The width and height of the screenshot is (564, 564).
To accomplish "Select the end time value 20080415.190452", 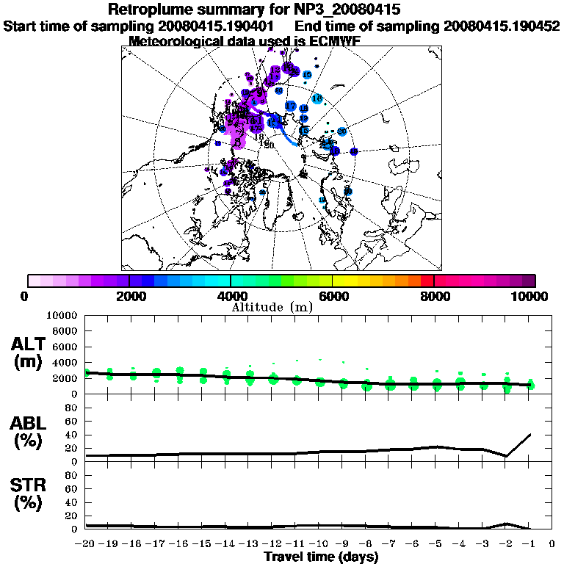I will [x=502, y=26].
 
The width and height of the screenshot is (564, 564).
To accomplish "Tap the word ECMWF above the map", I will [x=330, y=41].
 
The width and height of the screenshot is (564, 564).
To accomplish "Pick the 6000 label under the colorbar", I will [x=332, y=296].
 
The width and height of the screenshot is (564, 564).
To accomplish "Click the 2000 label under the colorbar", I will [x=129, y=296].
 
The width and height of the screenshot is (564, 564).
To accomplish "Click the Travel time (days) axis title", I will [x=321, y=557].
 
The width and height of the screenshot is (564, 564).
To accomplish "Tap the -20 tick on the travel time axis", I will [x=85, y=544].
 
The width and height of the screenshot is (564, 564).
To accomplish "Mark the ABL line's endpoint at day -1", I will [x=529, y=434].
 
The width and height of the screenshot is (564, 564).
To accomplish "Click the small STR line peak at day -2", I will [x=506, y=524].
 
